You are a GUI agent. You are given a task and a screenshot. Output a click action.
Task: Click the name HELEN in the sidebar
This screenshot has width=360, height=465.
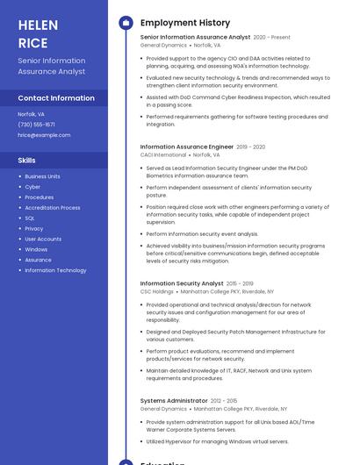(x=39, y=25)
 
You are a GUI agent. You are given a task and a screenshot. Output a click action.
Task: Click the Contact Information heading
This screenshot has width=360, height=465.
(x=56, y=98)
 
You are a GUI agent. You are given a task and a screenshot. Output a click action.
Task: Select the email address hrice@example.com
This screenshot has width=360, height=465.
(x=44, y=134)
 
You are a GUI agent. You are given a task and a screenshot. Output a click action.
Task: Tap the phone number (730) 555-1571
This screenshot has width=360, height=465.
(x=36, y=124)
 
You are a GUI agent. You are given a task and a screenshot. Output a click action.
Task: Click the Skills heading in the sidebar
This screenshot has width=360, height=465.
(x=27, y=161)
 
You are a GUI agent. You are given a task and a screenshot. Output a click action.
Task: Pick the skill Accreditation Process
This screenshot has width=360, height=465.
(x=53, y=208)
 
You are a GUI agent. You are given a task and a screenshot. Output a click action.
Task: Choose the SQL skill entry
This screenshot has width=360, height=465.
(x=30, y=218)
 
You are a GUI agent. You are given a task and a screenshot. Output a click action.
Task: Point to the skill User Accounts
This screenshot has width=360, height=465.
(x=43, y=239)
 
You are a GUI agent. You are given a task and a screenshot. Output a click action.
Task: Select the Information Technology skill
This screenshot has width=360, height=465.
(x=55, y=270)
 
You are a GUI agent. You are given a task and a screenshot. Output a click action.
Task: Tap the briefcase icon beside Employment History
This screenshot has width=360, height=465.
(x=126, y=22)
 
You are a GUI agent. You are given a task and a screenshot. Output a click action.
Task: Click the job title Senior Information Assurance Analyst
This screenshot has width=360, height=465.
(x=195, y=38)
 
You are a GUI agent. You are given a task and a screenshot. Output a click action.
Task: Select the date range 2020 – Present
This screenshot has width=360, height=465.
(x=272, y=38)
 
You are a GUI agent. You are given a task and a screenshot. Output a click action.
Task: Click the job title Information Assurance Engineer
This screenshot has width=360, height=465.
(x=187, y=147)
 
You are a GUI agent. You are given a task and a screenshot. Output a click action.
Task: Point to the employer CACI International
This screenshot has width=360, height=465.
(x=163, y=155)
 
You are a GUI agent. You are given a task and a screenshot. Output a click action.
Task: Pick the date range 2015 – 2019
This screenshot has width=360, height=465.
(x=240, y=283)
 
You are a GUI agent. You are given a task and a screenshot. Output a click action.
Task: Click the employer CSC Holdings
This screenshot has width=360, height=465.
(x=157, y=291)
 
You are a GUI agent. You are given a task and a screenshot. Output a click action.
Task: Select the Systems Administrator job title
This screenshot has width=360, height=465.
(x=173, y=400)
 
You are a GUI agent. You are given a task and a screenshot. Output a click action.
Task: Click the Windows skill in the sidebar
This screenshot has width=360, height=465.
(x=36, y=249)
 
